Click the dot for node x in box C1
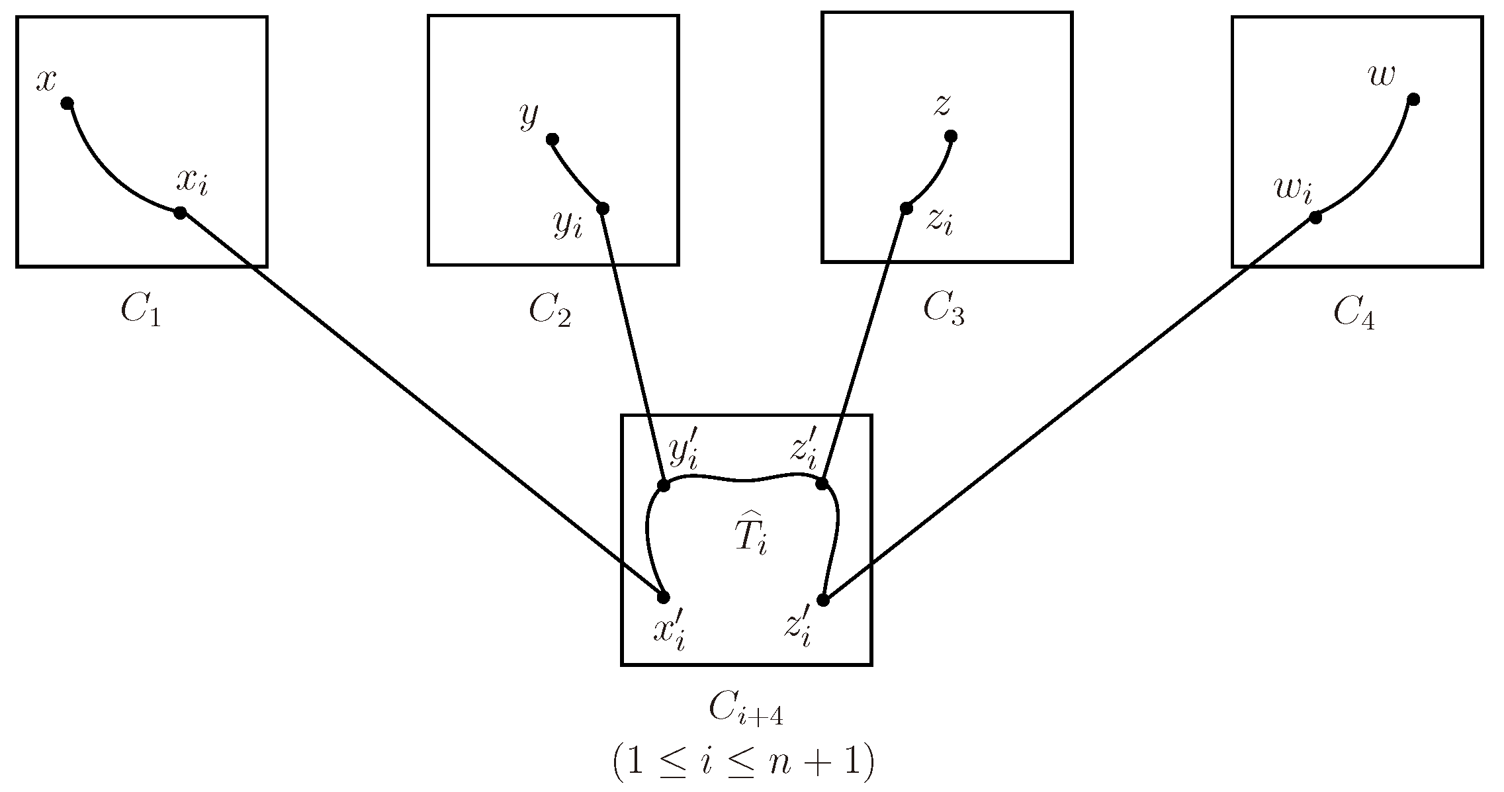tap(67, 103)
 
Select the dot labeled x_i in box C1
tap(179, 212)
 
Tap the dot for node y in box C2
tap(553, 139)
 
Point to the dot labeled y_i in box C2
tap(602, 208)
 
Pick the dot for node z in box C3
tap(951, 136)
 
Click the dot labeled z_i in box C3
tap(906, 208)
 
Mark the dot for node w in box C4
tap(1413, 99)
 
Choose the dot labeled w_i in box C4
tap(1315, 217)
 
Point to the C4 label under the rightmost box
tap(1354, 312)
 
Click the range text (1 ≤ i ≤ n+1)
tap(744, 762)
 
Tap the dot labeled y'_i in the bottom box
tap(664, 485)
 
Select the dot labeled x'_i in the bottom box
tap(664, 597)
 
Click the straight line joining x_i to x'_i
tap(421, 405)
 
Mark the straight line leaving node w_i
tap(1069, 408)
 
